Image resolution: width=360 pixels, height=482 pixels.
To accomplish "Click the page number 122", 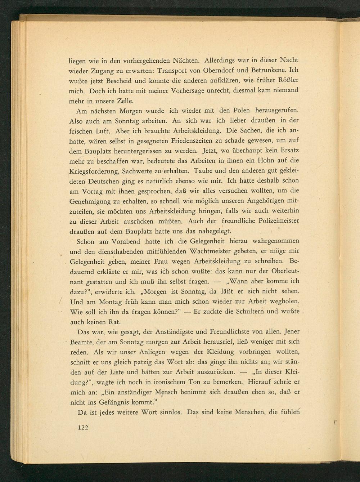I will [83, 428].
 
